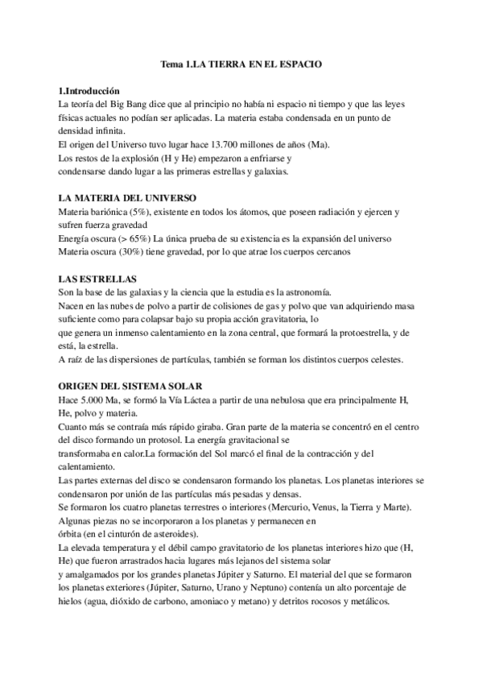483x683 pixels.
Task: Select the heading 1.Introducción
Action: [x=90, y=92]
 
